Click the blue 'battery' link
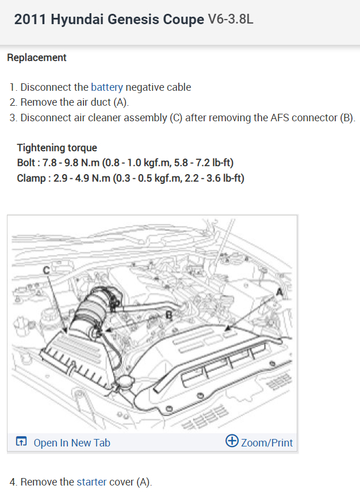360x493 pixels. coord(107,87)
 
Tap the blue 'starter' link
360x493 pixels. coord(91,482)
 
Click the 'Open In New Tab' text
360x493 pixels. coord(72,442)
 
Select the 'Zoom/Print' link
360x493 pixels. coord(267,442)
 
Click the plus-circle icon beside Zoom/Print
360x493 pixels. coord(232,441)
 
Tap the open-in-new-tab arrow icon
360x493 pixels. coord(21,442)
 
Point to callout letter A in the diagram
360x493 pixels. coord(280,292)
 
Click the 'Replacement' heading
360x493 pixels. coord(37,57)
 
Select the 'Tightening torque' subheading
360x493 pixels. coord(57,148)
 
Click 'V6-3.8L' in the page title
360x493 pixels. coord(231,20)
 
